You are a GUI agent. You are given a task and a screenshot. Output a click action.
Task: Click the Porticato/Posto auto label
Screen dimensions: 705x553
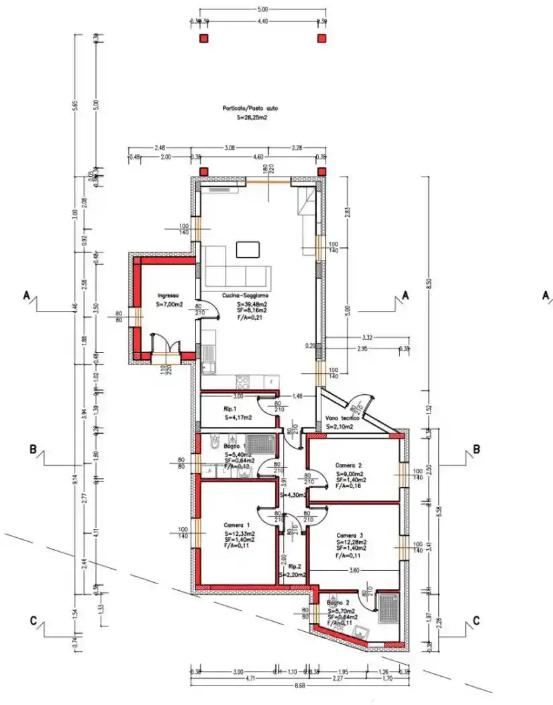[250, 107]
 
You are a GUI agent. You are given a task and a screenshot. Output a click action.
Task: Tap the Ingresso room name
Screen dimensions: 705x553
[168, 295]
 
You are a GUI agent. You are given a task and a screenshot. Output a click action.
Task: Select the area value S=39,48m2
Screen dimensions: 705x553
[252, 303]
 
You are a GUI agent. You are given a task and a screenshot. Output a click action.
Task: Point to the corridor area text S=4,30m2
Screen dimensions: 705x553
[293, 495]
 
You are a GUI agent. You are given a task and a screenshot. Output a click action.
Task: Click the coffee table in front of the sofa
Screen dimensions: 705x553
[248, 249]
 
